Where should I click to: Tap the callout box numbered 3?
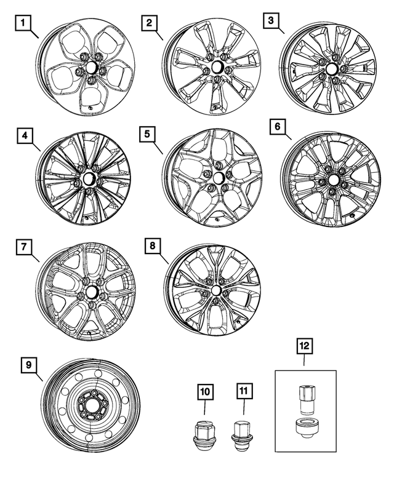270,22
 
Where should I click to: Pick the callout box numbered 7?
23,247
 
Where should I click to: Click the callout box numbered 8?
152,247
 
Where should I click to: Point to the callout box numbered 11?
244,391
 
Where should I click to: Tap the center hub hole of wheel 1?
92,67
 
